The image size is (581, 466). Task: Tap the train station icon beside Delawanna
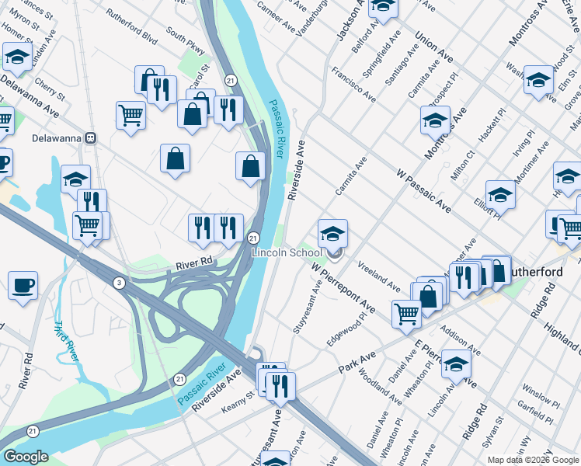(91, 138)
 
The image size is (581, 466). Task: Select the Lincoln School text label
(287, 252)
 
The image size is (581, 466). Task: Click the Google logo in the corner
(26, 457)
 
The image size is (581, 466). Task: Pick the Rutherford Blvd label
(132, 36)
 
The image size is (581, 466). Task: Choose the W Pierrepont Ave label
(343, 287)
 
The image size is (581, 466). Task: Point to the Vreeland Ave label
(379, 276)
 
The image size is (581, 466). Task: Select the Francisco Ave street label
(353, 84)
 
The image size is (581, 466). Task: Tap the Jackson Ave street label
(350, 21)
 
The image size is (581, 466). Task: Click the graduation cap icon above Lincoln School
(332, 232)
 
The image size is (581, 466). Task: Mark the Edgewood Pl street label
(347, 329)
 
